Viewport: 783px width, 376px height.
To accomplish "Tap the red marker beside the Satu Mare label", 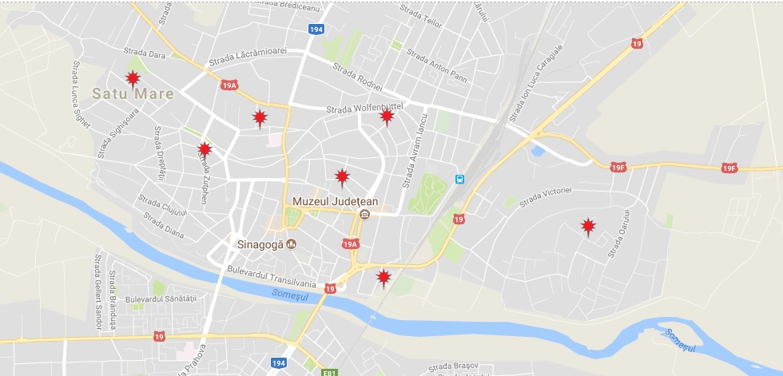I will [x=133, y=78].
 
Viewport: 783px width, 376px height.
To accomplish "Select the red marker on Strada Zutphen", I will [x=205, y=149].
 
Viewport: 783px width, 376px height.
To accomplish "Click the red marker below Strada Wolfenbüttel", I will [x=387, y=117].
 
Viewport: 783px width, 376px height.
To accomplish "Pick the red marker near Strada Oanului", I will [x=588, y=228].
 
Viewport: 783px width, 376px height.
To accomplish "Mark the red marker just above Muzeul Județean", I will [x=342, y=176].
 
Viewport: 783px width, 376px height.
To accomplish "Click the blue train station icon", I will [x=459, y=180].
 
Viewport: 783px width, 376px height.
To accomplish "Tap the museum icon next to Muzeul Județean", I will [x=365, y=214].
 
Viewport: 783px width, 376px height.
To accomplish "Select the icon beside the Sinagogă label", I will [x=292, y=243].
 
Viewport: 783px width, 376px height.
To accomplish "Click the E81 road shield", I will [x=328, y=372].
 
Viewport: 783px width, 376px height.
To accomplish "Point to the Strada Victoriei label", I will [x=547, y=196].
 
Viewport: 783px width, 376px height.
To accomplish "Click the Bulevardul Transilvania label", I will [x=272, y=277].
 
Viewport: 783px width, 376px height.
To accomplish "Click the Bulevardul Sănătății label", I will [x=160, y=299].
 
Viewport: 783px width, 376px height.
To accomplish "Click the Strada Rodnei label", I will [x=357, y=77].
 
